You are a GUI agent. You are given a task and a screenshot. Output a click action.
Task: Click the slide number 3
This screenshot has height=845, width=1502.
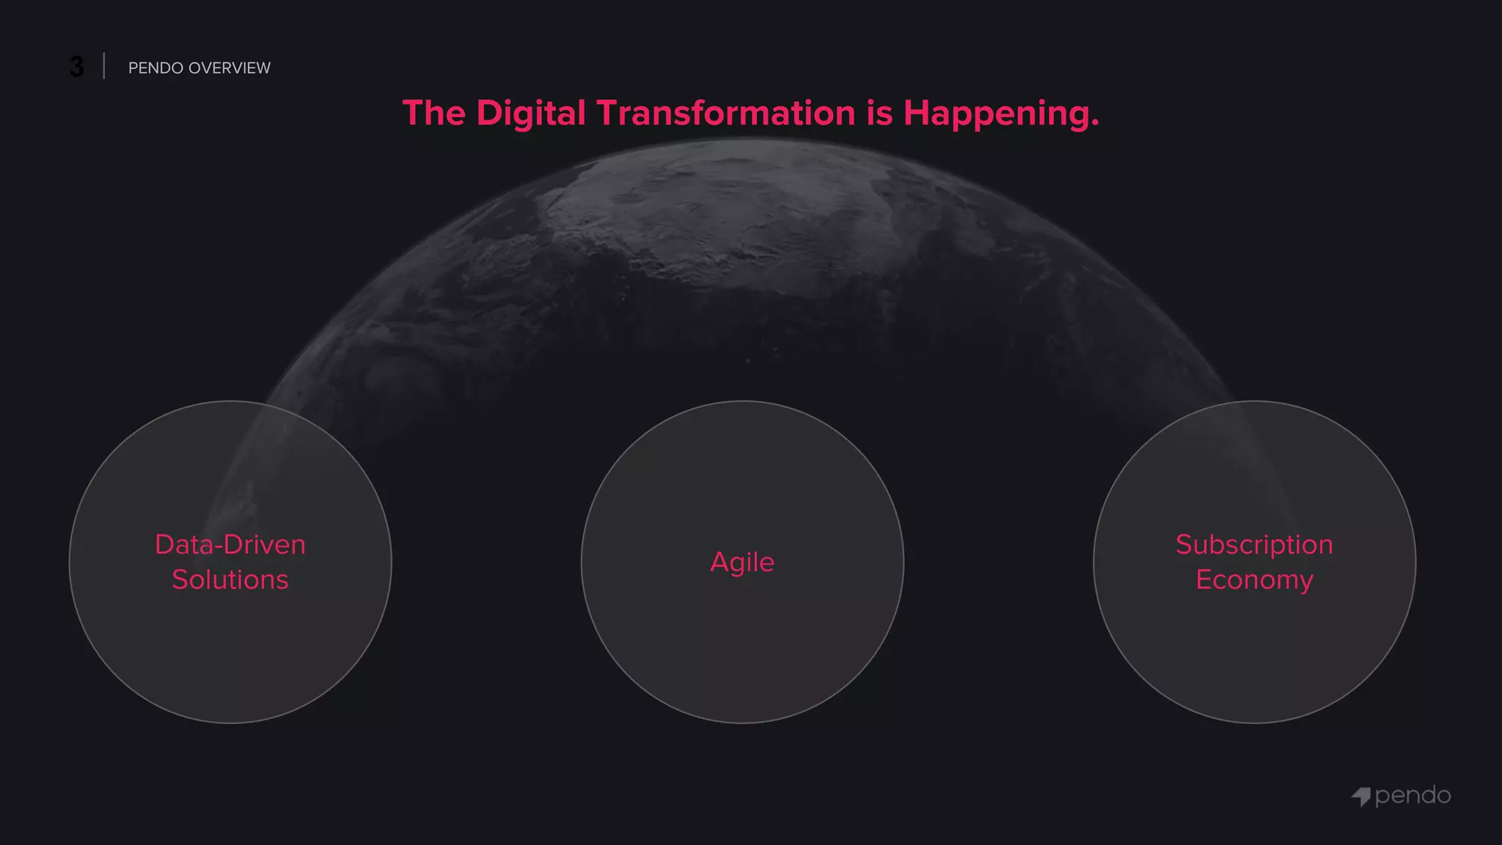click(76, 67)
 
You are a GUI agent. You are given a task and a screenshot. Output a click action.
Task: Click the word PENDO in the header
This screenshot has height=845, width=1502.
click(155, 68)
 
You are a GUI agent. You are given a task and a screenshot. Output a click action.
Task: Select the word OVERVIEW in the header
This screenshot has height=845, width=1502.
click(230, 68)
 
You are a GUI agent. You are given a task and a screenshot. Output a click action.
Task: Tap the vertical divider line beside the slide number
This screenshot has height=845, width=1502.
click(104, 66)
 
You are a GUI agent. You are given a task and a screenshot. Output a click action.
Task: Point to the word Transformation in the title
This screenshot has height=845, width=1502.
click(725, 114)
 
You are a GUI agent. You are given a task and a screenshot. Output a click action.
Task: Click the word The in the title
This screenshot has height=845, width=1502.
click(433, 114)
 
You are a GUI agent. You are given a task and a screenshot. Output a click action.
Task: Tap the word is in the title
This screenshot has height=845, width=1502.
click(879, 114)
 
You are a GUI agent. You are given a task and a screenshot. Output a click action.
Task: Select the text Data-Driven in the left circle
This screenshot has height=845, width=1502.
click(230, 544)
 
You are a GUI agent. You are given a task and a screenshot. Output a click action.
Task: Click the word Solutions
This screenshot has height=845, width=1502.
click(230, 579)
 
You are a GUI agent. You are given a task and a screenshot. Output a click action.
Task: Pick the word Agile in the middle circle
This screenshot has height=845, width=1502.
click(742, 562)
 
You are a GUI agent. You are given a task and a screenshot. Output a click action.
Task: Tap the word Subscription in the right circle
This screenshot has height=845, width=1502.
click(1254, 544)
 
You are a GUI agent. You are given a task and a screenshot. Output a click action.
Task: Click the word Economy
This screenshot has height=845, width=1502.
click(1254, 579)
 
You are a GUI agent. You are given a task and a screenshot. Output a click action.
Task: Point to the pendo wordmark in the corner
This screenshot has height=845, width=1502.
click(1413, 796)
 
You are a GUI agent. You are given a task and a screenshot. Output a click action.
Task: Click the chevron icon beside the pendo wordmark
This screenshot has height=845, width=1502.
click(1361, 797)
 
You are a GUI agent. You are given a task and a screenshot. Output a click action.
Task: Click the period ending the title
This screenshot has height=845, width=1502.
click(1095, 124)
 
